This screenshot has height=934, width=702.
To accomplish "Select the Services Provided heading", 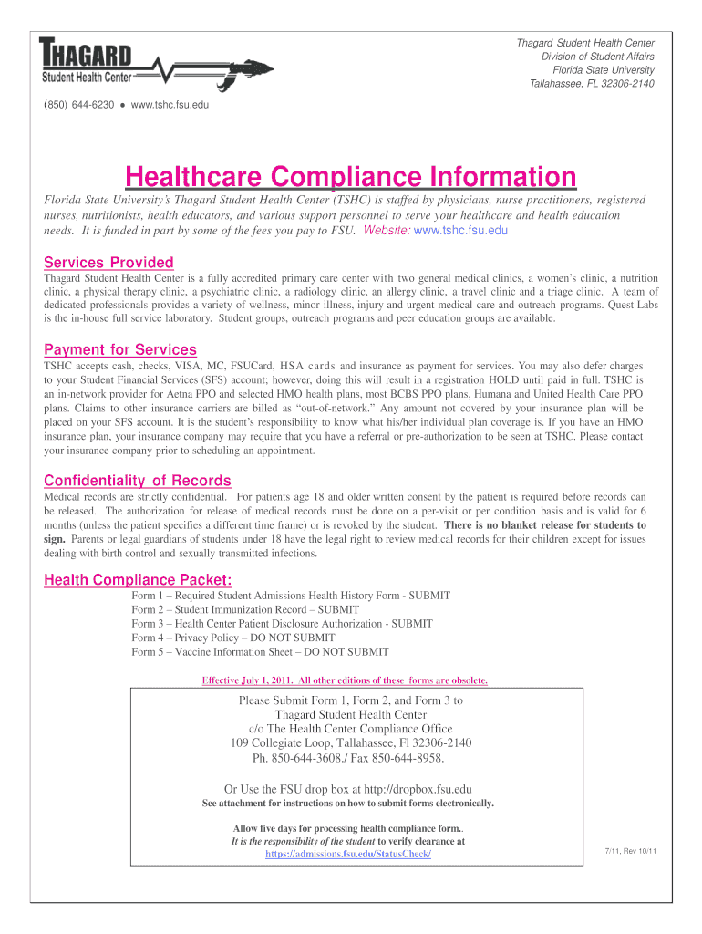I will pos(108,263).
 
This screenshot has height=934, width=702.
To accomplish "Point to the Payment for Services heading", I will pos(120,349).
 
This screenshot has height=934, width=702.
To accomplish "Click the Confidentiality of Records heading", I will pos(138,481).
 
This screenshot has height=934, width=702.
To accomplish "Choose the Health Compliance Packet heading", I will pos(138,579).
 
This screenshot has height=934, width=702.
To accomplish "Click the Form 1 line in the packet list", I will pos(291,596).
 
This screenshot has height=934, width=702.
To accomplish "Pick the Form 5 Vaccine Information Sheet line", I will pos(260,652).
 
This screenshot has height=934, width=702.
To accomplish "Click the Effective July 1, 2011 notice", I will pos(345,680).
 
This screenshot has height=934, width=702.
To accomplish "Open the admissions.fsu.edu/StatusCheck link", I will pos(347,854).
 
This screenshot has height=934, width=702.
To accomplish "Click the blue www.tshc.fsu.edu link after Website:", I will pos(460,231).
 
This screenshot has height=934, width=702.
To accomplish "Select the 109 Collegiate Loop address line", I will pos(351,743).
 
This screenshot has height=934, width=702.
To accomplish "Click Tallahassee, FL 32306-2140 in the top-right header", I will pos(592,84).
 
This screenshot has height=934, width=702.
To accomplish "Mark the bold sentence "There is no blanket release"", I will pos(545,525).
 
